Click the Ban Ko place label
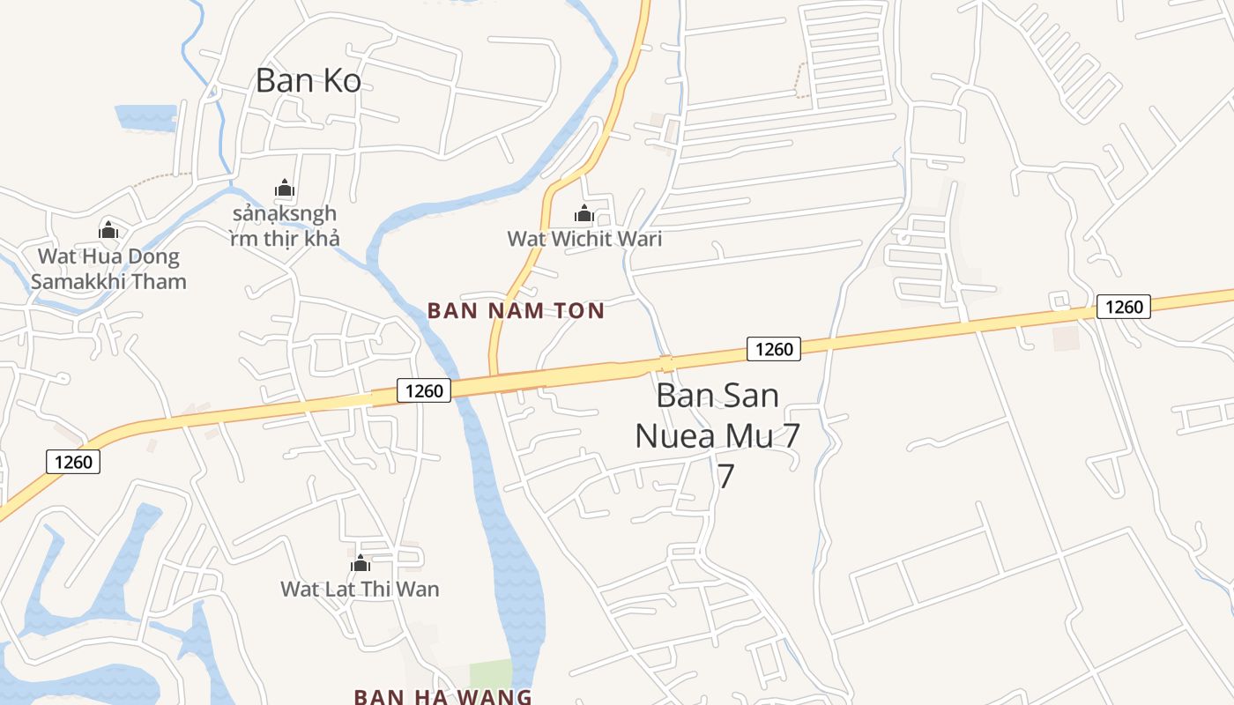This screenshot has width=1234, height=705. (308, 80)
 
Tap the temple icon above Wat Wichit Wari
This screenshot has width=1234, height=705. (584, 213)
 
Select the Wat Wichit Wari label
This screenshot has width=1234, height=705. (584, 239)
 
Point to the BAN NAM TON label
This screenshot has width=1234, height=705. (516, 310)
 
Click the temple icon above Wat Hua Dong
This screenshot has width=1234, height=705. (108, 231)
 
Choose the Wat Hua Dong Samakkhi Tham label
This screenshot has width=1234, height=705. (108, 269)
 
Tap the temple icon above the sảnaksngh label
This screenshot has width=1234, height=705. (284, 188)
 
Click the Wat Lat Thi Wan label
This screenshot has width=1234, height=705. (360, 589)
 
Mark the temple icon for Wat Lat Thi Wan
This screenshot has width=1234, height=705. (360, 563)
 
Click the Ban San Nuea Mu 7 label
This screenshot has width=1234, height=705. (717, 415)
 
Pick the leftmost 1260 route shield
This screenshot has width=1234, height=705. (73, 461)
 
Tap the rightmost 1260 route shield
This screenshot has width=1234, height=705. (1124, 307)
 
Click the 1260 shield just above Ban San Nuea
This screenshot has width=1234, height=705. (774, 349)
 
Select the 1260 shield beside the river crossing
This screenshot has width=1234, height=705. (424, 390)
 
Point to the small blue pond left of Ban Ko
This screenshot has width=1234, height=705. (145, 117)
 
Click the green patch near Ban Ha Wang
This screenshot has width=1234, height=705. (490, 674)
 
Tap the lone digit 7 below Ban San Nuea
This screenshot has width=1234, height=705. (725, 476)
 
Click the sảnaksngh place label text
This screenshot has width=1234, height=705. (284, 226)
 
